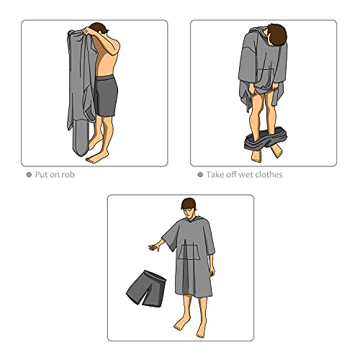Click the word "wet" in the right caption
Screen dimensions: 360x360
(x=248, y=174)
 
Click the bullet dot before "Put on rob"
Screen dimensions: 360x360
(x=29, y=174)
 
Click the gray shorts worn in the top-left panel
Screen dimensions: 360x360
(x=106, y=99)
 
